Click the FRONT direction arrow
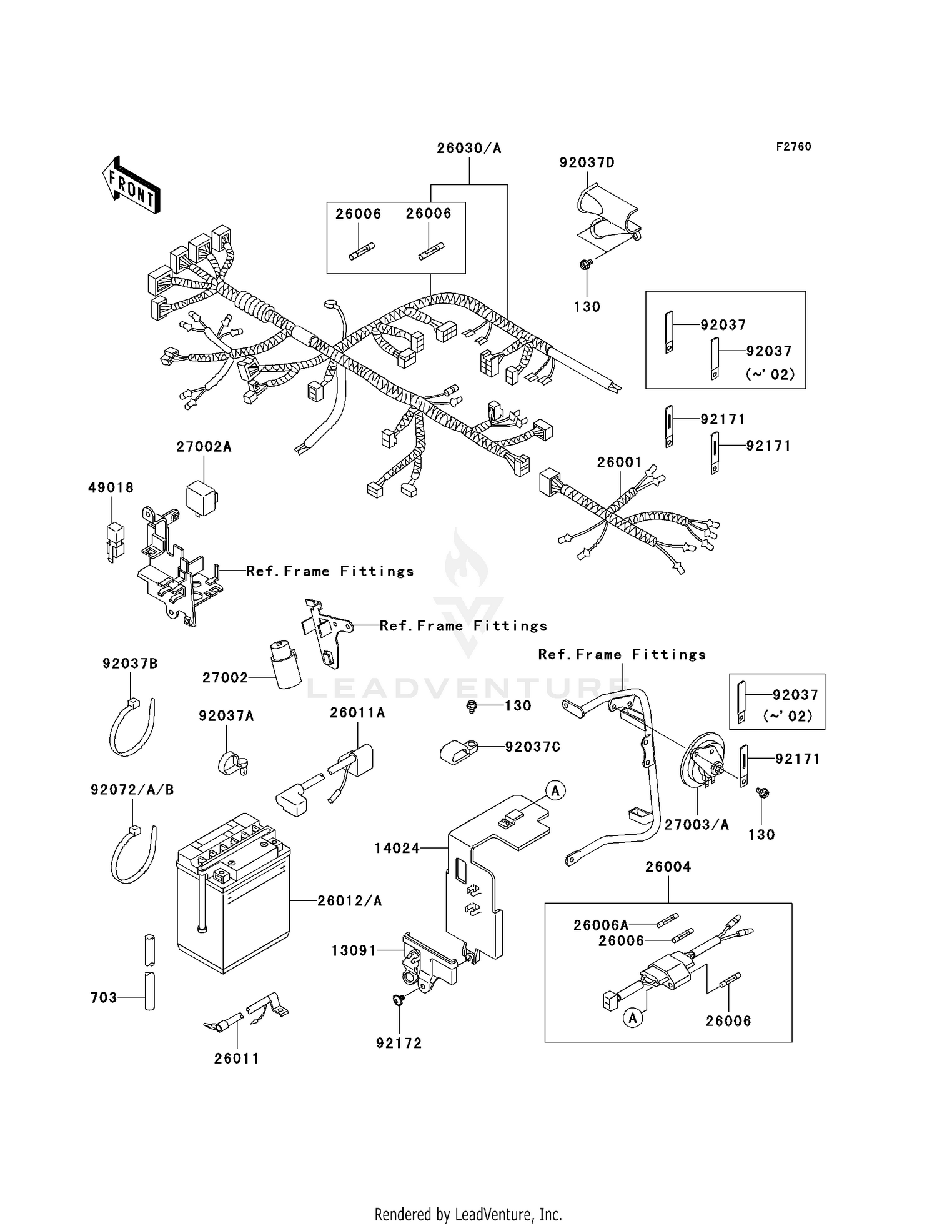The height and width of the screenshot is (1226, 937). [x=131, y=185]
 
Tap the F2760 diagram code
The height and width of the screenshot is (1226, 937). [x=793, y=147]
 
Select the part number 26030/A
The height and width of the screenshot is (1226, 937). [x=468, y=149]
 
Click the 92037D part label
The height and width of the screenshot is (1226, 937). [x=587, y=163]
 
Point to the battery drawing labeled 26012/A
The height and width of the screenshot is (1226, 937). [x=232, y=900]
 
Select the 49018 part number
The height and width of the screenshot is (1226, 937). [x=111, y=487]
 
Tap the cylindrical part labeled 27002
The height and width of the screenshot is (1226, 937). [x=284, y=665]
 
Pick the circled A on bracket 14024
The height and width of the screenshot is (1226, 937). [x=555, y=790]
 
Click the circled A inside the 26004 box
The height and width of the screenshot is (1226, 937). [x=633, y=1018]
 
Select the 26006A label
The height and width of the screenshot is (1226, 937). [x=601, y=925]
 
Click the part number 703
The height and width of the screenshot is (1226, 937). [x=104, y=998]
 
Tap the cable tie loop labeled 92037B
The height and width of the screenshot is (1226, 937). [x=131, y=728]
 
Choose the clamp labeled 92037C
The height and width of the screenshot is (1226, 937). [x=457, y=750]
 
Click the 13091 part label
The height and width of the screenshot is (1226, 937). [x=354, y=950]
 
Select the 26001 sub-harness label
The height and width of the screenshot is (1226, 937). [x=619, y=462]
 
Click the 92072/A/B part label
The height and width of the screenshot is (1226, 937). [x=132, y=790]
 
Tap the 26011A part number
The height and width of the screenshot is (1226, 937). [x=357, y=713]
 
